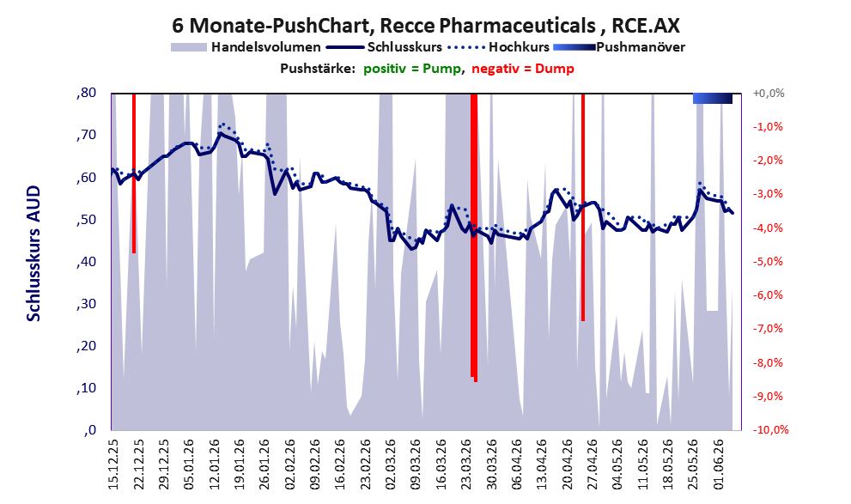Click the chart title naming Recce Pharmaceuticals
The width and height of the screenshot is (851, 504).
tap(426, 25)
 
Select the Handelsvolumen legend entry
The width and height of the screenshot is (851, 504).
tap(246, 47)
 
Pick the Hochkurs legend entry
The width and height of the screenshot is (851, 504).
tap(498, 47)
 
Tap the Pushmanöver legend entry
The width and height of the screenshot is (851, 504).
tap(619, 47)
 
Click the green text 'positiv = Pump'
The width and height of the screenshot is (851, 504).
tap(412, 69)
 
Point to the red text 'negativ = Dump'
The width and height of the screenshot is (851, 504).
tap(523, 69)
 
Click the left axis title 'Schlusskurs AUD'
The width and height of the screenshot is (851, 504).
tap(33, 253)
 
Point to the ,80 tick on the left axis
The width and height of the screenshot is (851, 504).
tap(86, 93)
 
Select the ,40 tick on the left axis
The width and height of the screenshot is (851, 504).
tap(86, 262)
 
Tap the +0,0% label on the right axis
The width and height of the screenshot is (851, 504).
tap(769, 94)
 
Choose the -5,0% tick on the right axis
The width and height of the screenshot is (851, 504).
tap(769, 262)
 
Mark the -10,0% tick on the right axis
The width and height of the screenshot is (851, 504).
tap(770, 429)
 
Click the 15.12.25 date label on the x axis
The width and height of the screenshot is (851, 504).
tap(113, 465)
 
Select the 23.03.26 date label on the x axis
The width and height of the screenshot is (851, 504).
tap(466, 465)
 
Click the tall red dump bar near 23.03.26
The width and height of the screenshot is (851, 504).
tap(474, 237)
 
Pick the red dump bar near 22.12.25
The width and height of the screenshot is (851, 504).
tap(134, 173)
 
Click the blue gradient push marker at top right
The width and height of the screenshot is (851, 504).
tap(713, 98)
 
